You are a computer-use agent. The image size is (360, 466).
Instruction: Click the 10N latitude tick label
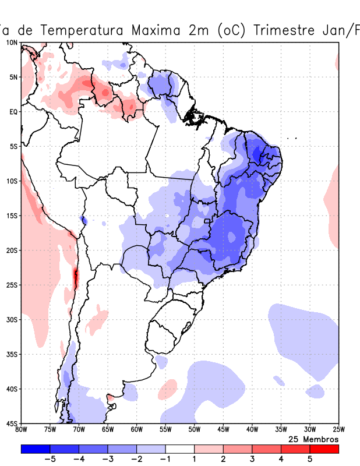(12, 43)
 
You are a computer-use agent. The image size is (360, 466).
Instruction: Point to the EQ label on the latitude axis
(13, 111)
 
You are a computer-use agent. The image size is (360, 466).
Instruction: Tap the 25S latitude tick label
(12, 285)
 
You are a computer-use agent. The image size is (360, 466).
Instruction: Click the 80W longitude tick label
(22, 430)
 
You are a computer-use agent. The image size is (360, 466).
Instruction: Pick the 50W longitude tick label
(194, 430)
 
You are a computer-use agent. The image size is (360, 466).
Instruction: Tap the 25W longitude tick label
(338, 430)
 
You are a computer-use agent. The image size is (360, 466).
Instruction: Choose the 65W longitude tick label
(108, 430)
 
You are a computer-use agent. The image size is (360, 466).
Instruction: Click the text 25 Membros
(313, 439)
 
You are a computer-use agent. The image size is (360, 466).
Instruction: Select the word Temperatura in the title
(79, 30)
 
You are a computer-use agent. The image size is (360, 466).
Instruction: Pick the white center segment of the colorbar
(179, 449)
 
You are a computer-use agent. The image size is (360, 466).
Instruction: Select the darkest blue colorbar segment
(35, 449)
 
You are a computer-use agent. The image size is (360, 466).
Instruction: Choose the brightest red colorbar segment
(324, 449)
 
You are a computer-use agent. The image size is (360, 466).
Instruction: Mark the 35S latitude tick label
(12, 354)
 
